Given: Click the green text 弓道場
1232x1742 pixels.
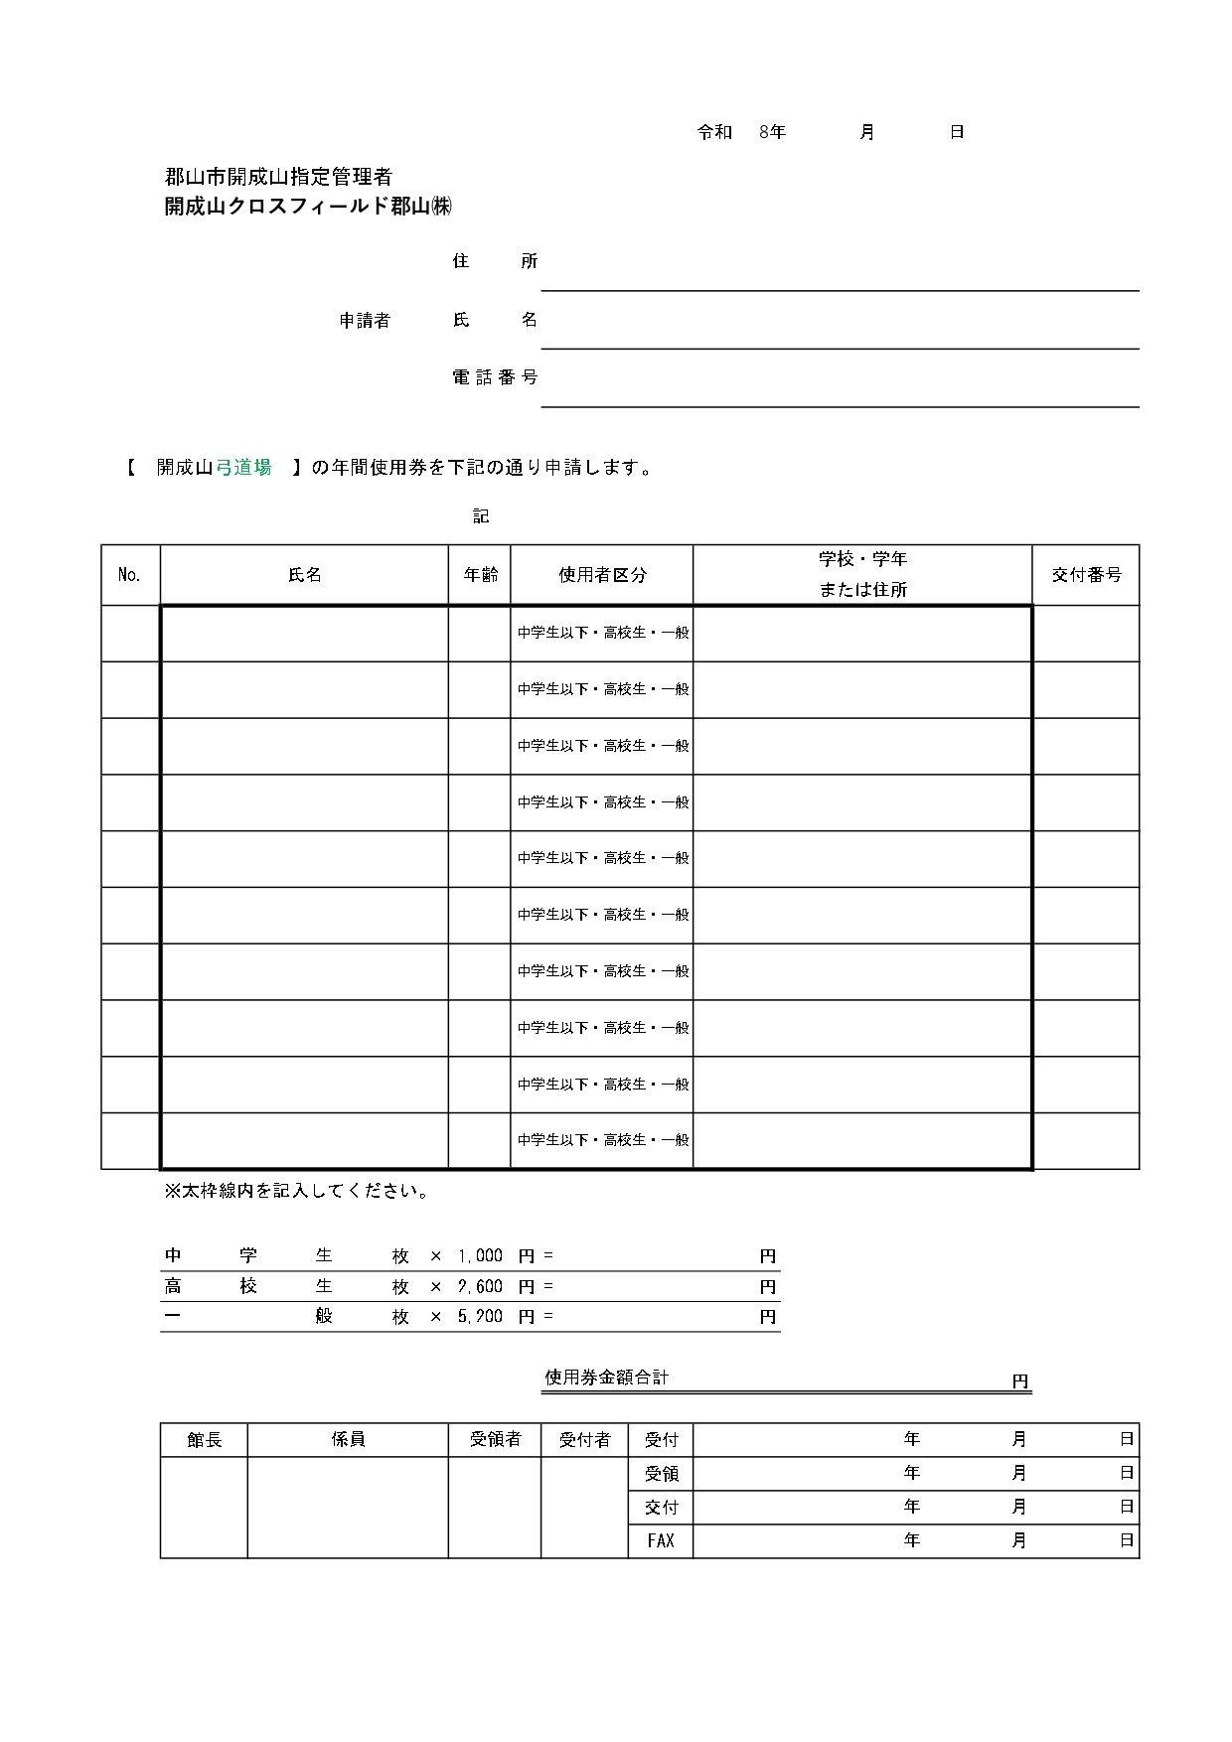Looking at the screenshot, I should (243, 468).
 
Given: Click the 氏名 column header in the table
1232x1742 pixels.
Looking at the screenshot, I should (304, 575).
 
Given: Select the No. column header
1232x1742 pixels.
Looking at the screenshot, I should (129, 575).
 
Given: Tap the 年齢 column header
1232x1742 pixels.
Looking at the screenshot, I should (480, 575).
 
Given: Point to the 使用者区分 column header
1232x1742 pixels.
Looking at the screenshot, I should (602, 575).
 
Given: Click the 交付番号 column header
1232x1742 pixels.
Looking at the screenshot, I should (1086, 575).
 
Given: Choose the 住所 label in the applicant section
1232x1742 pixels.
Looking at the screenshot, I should (495, 261).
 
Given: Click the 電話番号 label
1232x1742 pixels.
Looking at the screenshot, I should (495, 377).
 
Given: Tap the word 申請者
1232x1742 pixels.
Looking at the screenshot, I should (365, 320).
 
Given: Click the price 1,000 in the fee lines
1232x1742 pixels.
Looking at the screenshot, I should (480, 1256).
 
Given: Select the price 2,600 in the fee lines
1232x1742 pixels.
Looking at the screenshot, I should (480, 1287).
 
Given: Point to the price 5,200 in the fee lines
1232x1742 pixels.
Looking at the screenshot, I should (480, 1317).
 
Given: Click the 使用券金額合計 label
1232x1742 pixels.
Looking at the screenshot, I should (607, 1378).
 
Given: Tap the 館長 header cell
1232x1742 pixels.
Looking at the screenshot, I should (205, 1440).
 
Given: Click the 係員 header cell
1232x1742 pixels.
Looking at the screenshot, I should (348, 1440).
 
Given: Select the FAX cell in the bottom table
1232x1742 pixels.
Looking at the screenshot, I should (661, 1541).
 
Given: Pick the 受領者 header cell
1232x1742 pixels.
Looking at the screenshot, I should (495, 1440).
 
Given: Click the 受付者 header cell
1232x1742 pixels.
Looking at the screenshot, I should (584, 1440).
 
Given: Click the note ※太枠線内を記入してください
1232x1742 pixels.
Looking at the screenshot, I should (296, 1191).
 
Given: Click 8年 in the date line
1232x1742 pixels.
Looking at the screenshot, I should (772, 132).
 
